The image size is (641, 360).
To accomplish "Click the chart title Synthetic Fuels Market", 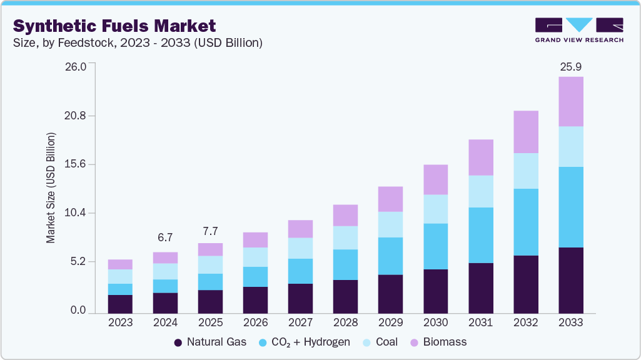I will (114, 26).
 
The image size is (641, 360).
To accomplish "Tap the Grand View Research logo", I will (579, 29).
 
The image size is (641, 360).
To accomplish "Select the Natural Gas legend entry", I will (210, 342).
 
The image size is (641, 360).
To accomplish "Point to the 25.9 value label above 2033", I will (570, 66).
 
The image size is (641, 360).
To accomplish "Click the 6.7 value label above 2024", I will (165, 238).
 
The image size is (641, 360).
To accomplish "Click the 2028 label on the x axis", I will (345, 322).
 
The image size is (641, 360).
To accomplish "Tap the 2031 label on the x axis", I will (480, 322).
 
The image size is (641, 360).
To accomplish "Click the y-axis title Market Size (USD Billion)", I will (51, 188).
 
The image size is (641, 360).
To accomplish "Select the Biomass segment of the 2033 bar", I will (570, 101).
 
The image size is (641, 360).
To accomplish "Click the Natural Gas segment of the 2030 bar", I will (435, 291).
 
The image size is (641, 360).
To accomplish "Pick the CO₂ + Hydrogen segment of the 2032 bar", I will (525, 222).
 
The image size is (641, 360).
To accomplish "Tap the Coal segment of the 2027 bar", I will (300, 248).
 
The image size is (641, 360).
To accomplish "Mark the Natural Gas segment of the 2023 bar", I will (120, 303).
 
